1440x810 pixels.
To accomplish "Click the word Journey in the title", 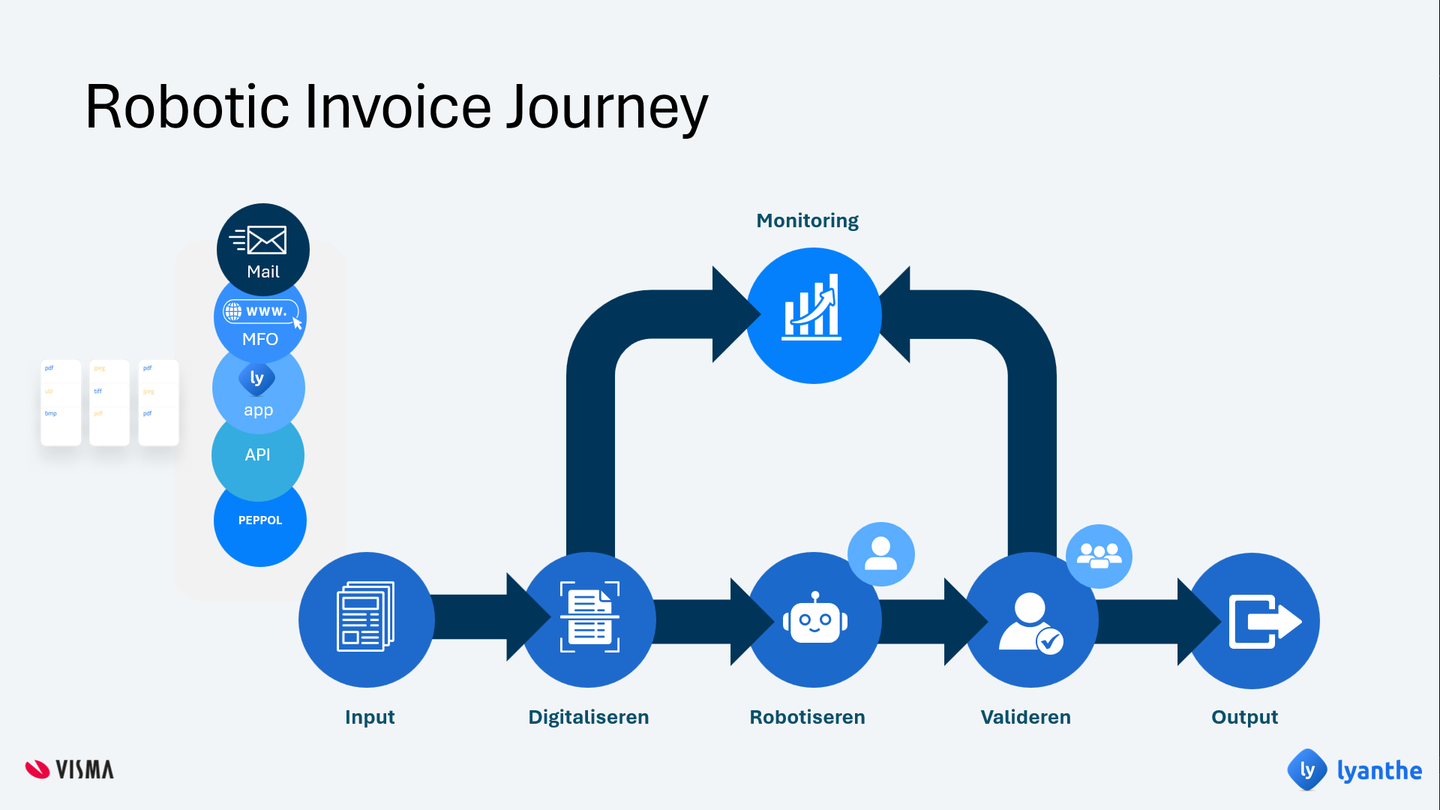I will pos(607,107).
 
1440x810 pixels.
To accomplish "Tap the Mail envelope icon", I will pos(259,240).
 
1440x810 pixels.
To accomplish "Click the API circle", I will pos(257,454).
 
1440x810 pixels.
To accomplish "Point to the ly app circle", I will pos(258,391).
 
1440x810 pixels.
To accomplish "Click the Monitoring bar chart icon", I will pos(812,308).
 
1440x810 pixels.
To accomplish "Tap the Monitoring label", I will pos(807,220).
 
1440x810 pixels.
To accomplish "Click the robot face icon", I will pos(814,619).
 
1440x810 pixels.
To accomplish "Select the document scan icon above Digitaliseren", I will pos(589,617).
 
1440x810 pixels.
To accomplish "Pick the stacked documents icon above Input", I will pos(366,617).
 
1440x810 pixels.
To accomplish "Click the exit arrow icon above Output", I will pos(1264,621).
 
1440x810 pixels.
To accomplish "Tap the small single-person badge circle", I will pos(880,554).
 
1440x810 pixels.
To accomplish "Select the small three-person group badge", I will pos(1099,556).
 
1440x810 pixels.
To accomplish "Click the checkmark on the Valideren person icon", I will pos(1050,641).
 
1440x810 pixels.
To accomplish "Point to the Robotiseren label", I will pos(807,717).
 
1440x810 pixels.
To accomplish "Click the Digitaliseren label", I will pos(589,717).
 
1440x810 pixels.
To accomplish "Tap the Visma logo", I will pos(70,769).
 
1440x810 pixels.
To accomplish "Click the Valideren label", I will pos(1025,717).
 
